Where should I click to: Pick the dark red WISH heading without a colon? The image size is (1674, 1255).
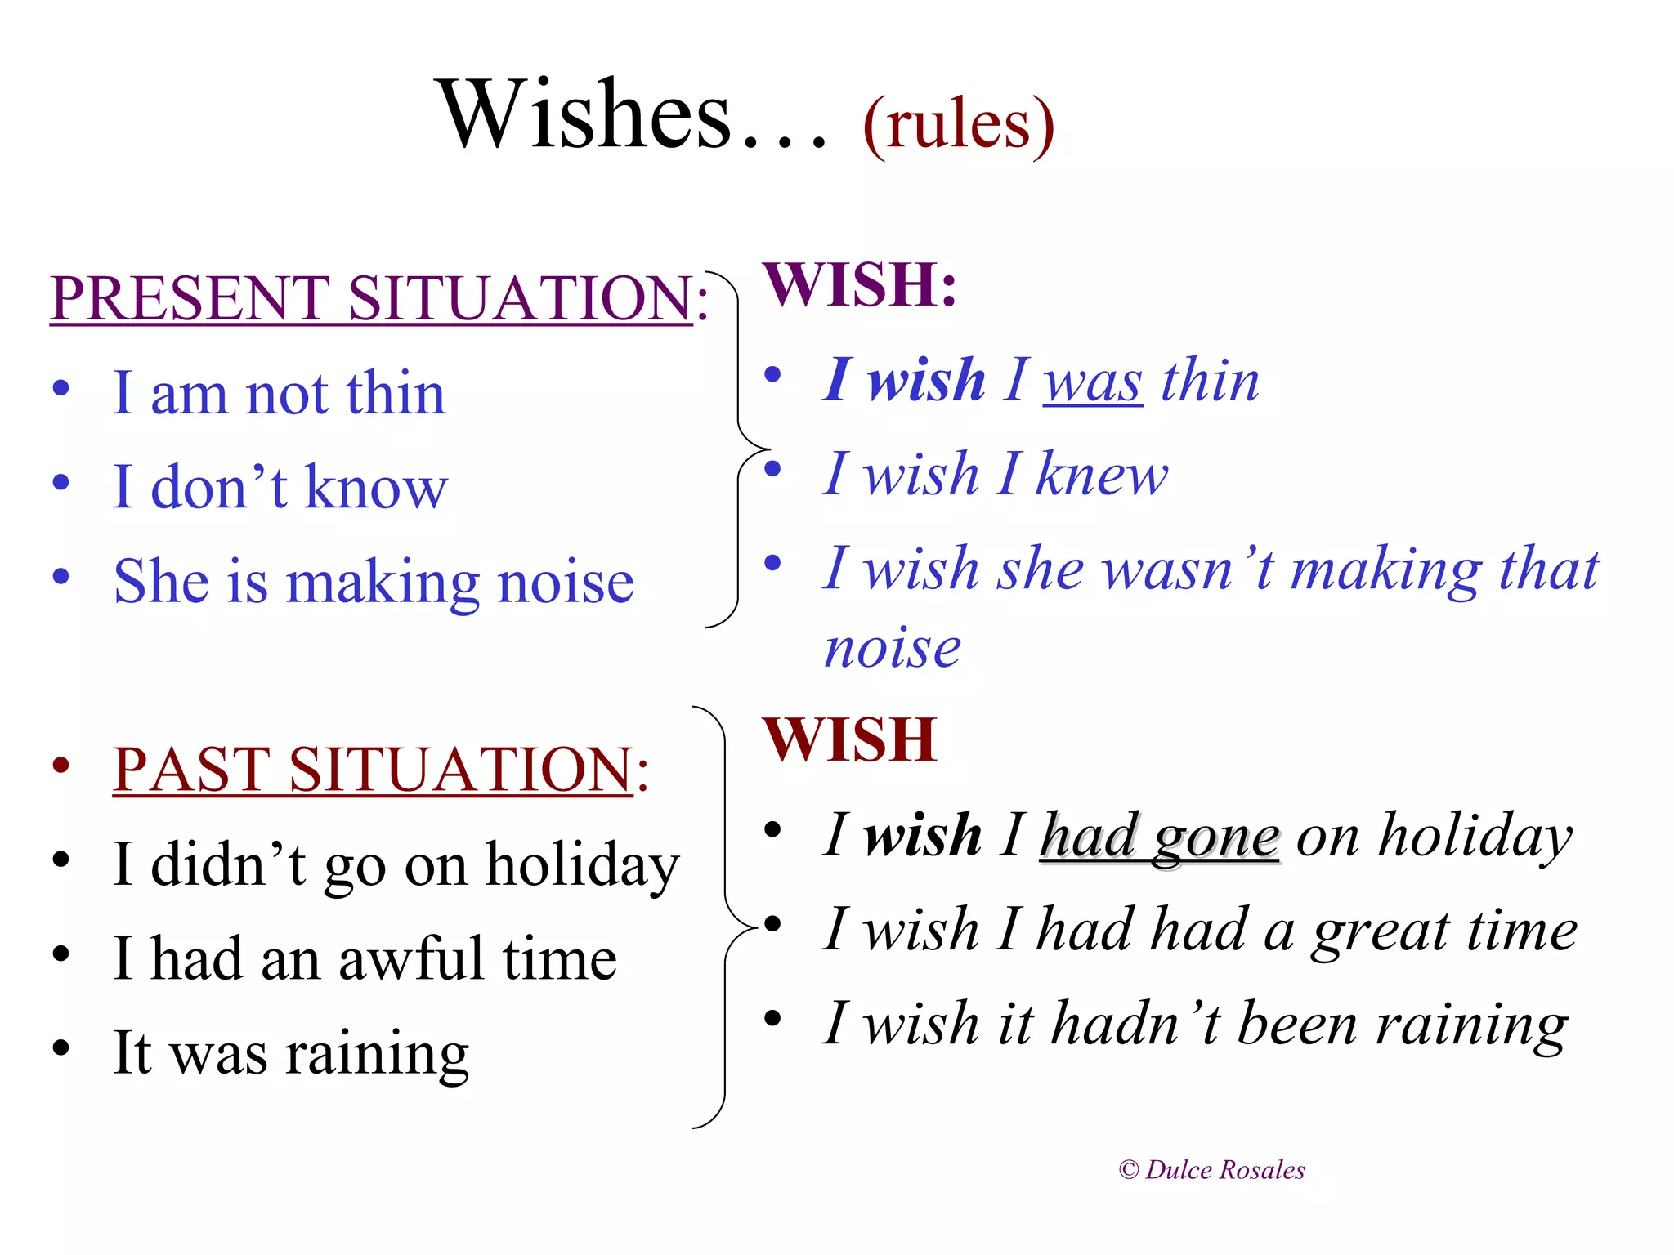(x=849, y=740)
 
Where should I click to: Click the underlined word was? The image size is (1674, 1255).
(x=1092, y=382)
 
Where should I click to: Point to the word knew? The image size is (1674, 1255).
(x=1102, y=475)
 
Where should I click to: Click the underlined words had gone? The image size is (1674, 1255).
(x=1159, y=837)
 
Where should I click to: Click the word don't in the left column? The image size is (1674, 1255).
(x=219, y=488)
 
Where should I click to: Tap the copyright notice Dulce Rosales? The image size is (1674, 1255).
(x=1211, y=1170)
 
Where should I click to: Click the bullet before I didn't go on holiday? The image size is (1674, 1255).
(x=61, y=860)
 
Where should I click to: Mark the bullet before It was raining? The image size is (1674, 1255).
(x=61, y=1047)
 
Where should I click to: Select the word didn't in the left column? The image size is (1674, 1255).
(x=228, y=864)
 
